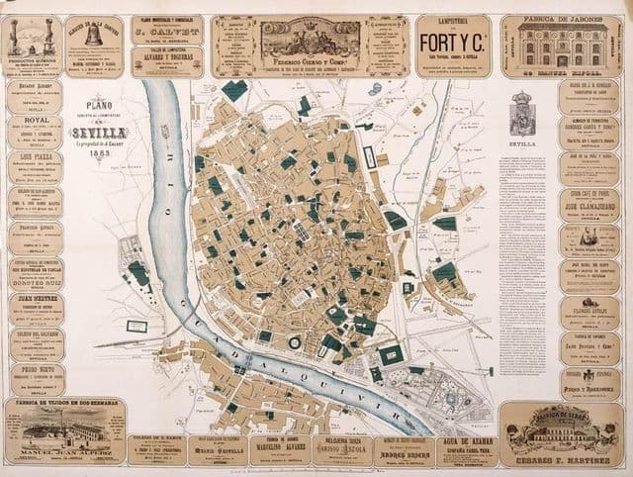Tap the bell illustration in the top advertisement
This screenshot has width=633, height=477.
click(x=95, y=35)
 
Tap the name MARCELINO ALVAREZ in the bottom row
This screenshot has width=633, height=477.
click(x=279, y=445)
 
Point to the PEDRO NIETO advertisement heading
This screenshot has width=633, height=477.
click(x=37, y=367)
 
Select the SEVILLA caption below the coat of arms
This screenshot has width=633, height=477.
click(x=523, y=143)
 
